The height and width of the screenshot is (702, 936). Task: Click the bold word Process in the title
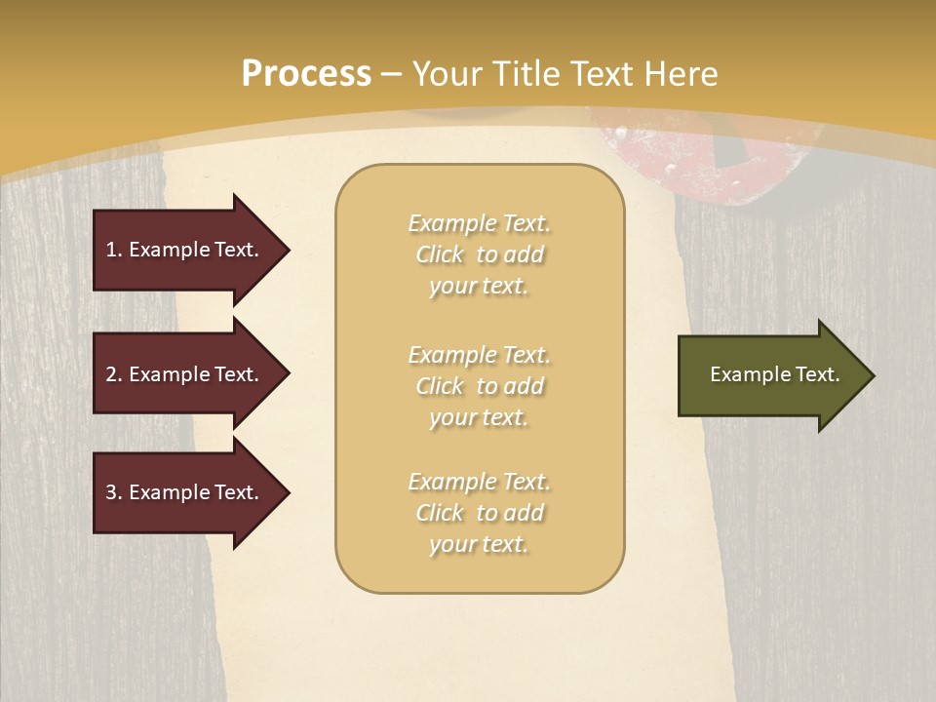(x=306, y=74)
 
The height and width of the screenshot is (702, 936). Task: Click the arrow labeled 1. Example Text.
(x=182, y=250)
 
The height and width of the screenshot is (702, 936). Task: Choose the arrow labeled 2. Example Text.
(x=182, y=374)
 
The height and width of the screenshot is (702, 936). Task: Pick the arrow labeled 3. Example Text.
(x=182, y=492)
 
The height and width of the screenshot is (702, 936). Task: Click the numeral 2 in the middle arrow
(x=111, y=374)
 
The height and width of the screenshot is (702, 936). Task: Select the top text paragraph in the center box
(x=479, y=254)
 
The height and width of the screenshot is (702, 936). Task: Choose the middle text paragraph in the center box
(x=479, y=386)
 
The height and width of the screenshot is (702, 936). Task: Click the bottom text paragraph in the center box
(x=479, y=513)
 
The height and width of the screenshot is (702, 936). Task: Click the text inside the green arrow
(x=774, y=374)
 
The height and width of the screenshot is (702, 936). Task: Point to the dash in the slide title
(x=391, y=75)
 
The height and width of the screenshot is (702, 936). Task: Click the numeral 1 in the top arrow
(x=111, y=250)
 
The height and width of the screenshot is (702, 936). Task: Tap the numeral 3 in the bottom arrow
(x=111, y=492)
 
